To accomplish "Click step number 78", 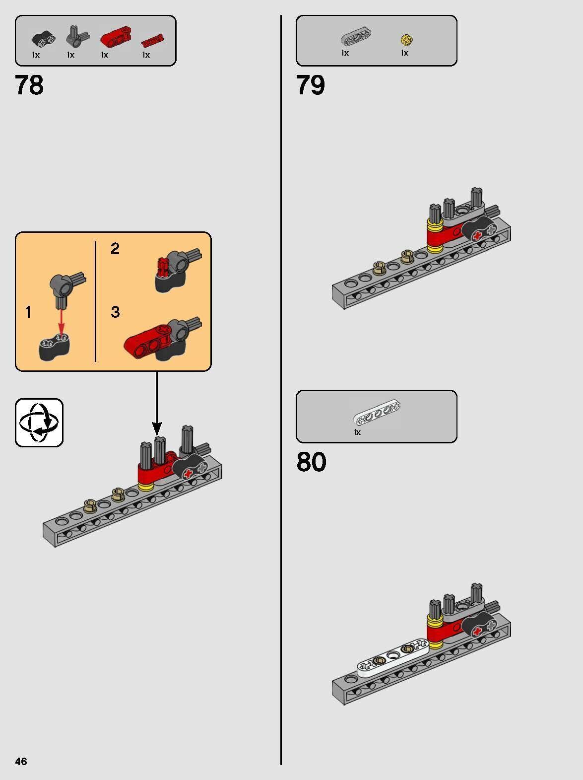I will click(x=29, y=85).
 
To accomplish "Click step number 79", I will click(x=311, y=85).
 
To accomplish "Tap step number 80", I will click(x=311, y=462).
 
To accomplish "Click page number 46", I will click(x=21, y=761).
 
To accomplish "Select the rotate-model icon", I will click(x=39, y=423).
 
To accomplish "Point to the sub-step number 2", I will click(x=115, y=248).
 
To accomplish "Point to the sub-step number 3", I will click(x=115, y=312).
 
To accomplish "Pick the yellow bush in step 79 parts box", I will click(x=406, y=39).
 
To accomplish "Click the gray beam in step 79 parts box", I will click(x=356, y=37).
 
